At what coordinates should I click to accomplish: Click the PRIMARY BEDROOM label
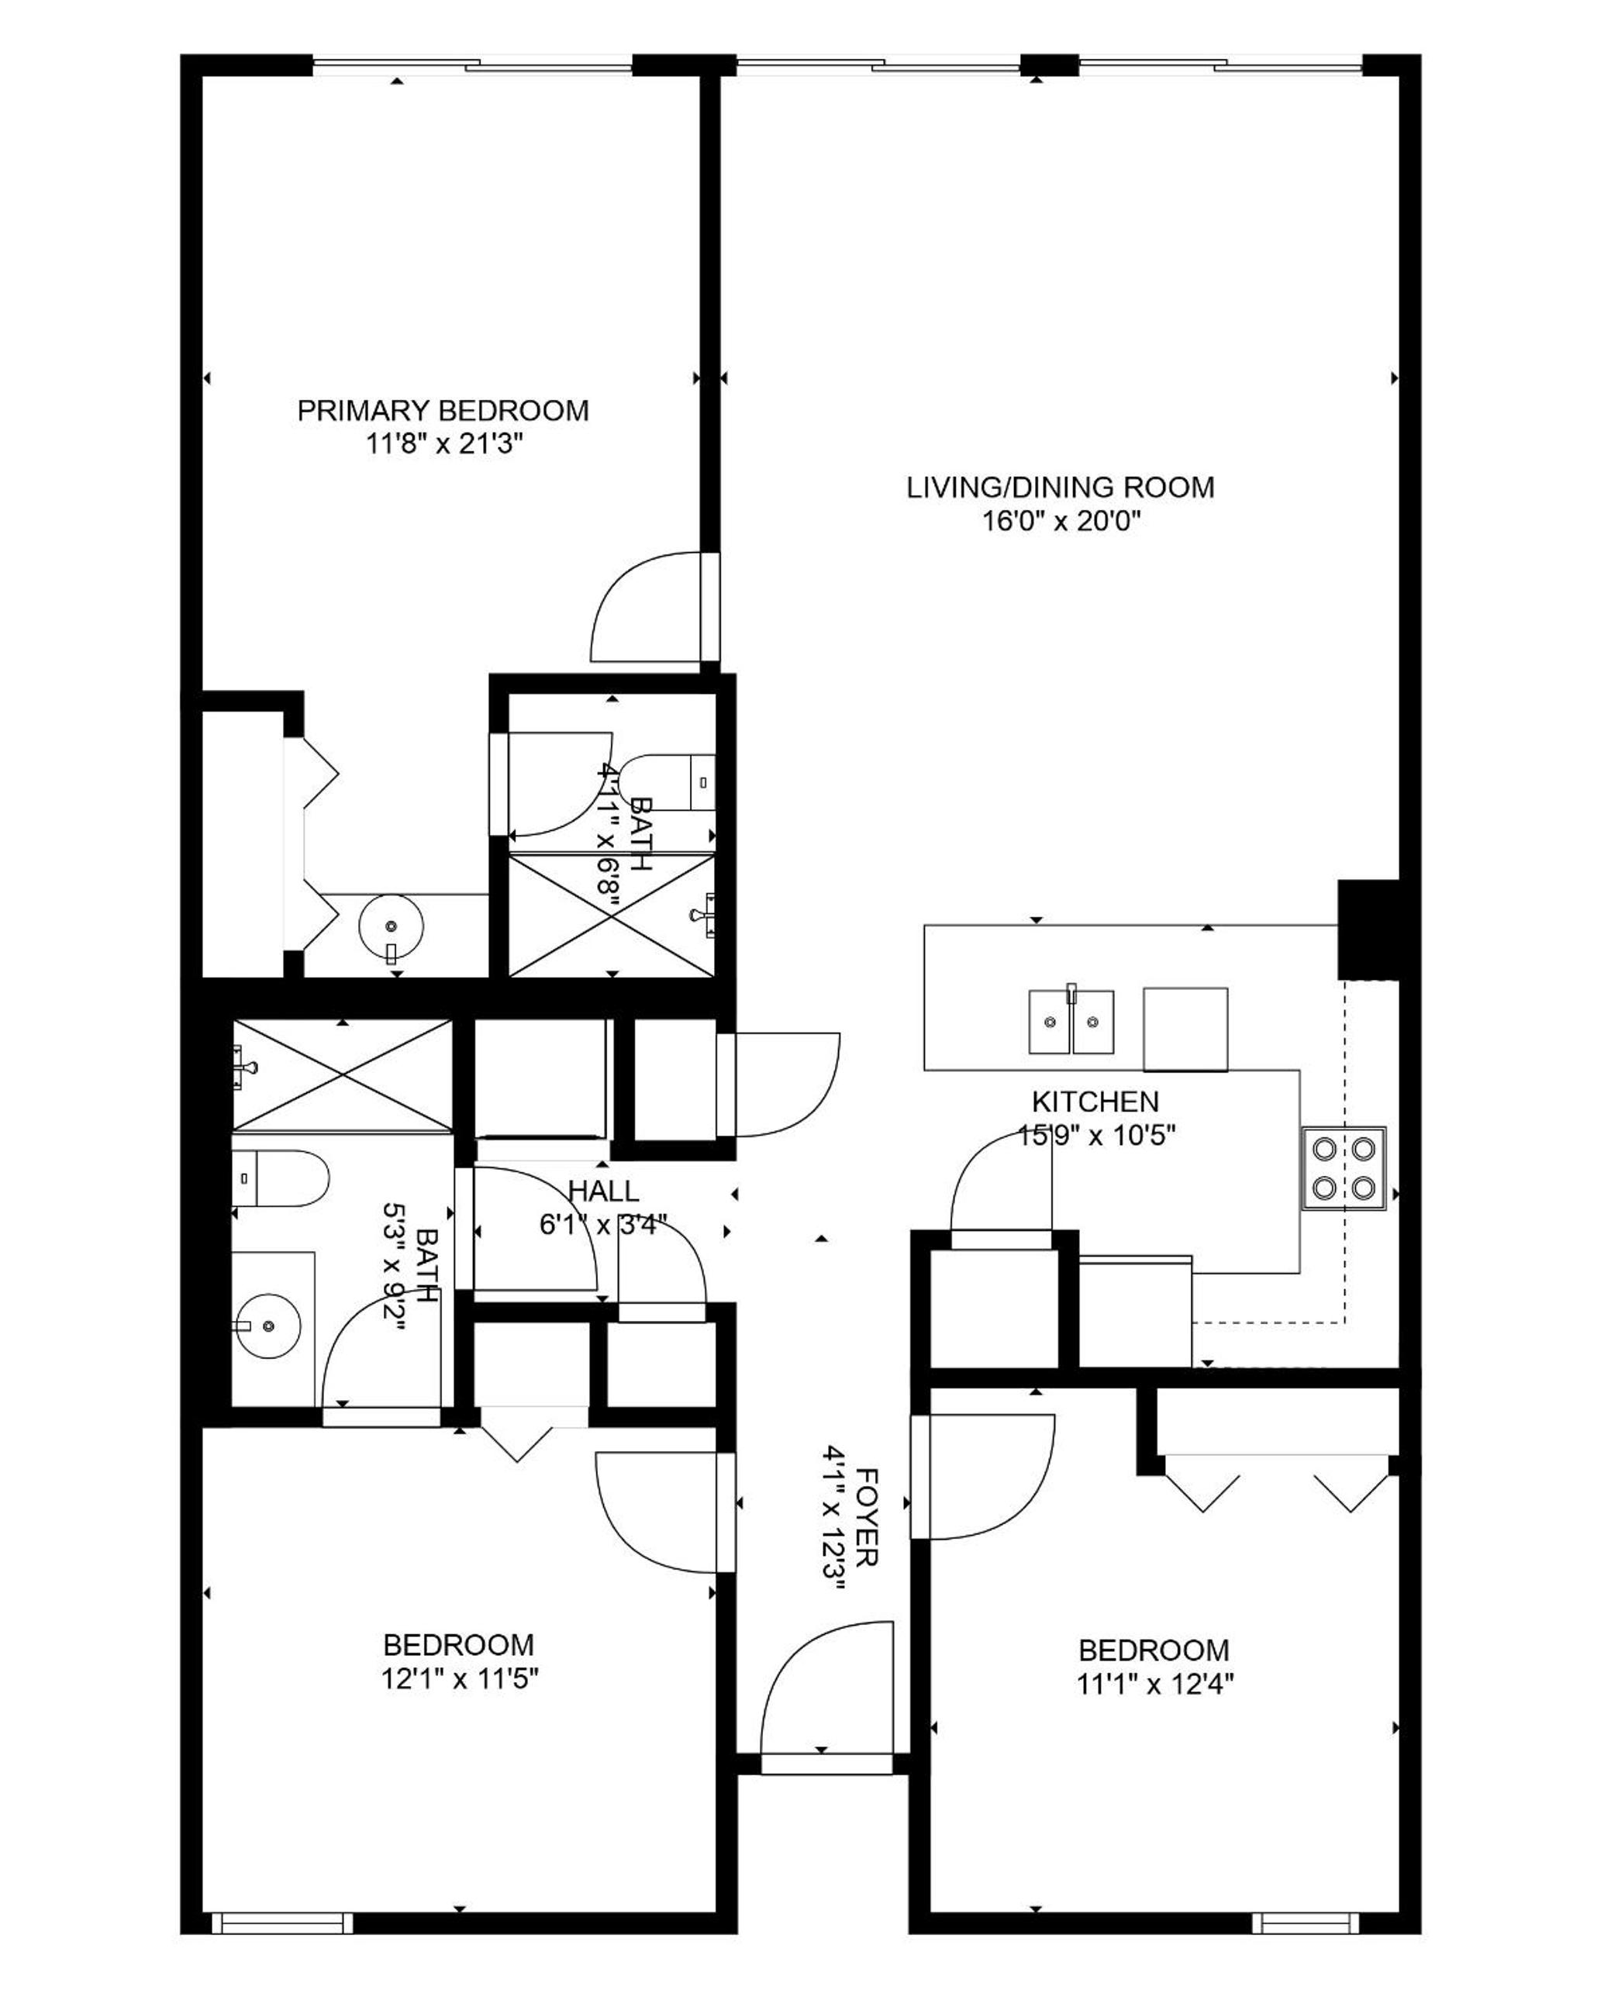pos(443,411)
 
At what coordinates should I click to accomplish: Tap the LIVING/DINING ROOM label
pos(1061,488)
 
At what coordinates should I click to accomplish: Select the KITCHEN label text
pos(1095,1102)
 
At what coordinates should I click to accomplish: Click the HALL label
pos(603,1191)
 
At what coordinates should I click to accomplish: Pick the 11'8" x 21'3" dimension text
pos(443,443)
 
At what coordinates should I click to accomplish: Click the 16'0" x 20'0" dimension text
pos(1061,520)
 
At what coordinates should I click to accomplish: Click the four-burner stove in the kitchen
pos(1344,1167)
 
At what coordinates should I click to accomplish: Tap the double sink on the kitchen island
pos(1071,1021)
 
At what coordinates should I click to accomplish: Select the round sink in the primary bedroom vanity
pos(392,926)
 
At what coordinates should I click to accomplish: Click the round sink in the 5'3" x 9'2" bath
pos(269,1326)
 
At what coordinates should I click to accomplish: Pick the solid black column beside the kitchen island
pos(1368,929)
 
